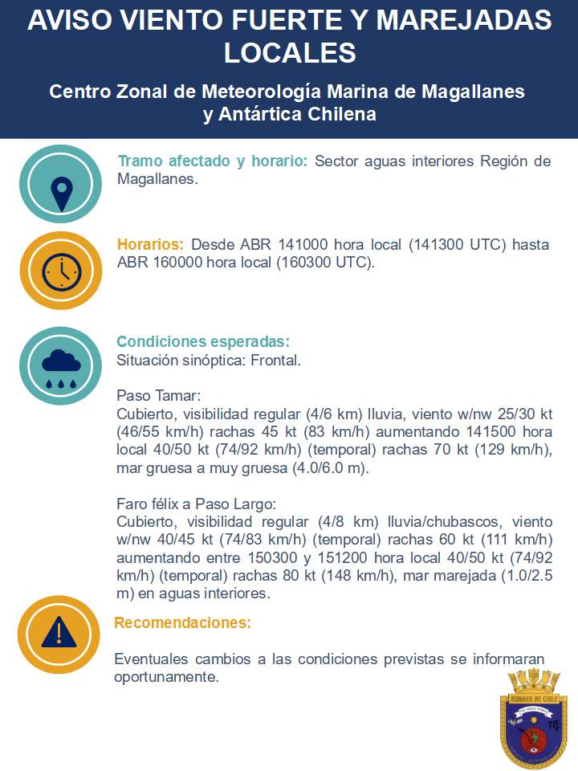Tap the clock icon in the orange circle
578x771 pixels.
click(x=61, y=271)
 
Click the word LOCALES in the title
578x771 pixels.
click(x=289, y=53)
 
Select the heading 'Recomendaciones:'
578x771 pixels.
click(x=182, y=622)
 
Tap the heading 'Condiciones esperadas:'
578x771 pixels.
click(x=203, y=341)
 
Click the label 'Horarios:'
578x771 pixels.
click(x=151, y=244)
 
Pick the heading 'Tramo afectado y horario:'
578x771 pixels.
click(x=213, y=161)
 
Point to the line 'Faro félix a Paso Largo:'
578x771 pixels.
click(x=196, y=504)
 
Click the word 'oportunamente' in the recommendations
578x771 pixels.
click(x=165, y=677)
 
